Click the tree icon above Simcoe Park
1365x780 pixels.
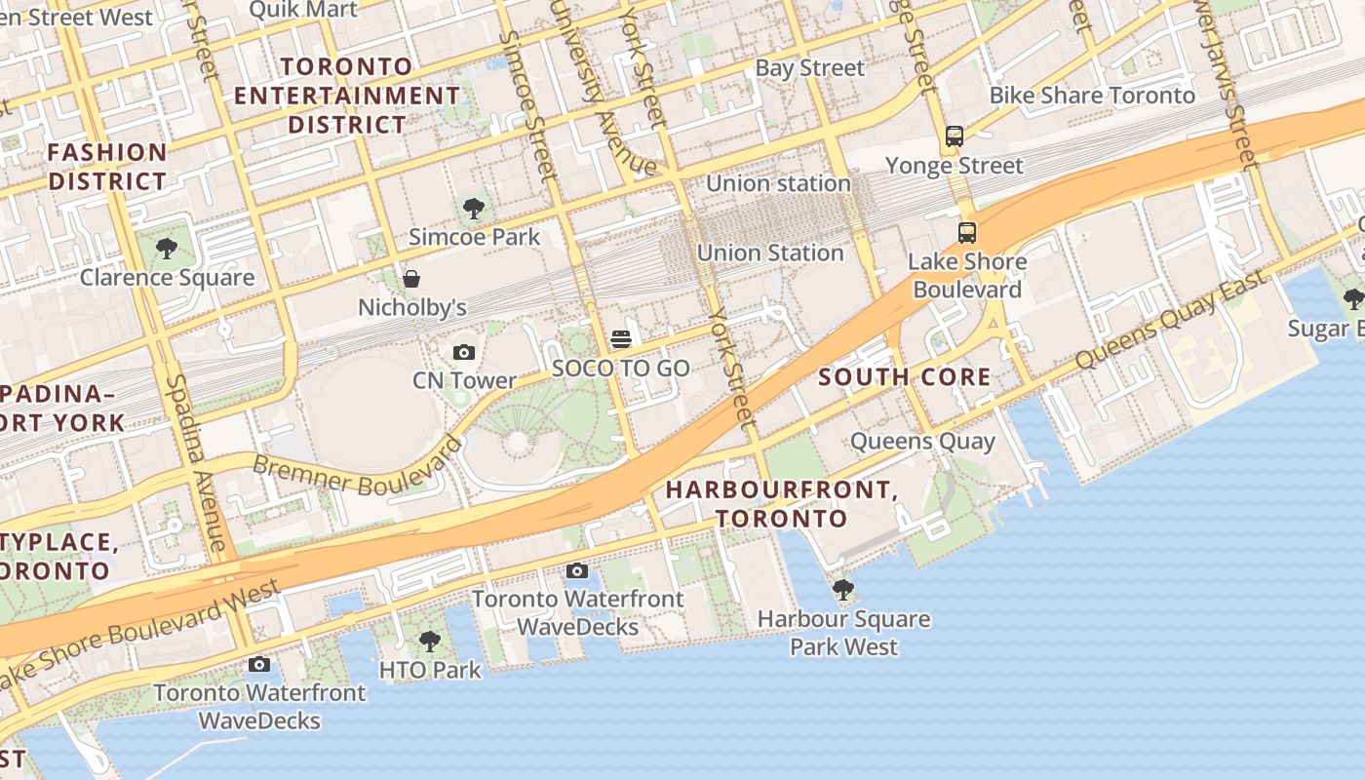(x=474, y=208)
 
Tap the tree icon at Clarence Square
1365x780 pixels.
(x=167, y=249)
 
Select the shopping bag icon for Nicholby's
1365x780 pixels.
(x=411, y=280)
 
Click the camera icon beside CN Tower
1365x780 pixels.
(x=464, y=352)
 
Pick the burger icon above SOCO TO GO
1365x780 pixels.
(x=621, y=339)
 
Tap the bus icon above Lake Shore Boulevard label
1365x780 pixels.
(x=966, y=233)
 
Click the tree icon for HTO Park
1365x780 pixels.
(x=429, y=642)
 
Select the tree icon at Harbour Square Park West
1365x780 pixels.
(x=843, y=590)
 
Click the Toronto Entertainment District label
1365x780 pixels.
(x=347, y=96)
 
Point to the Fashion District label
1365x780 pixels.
(x=107, y=167)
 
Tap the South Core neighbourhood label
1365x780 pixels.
(x=904, y=377)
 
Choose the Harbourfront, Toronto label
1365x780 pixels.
(x=781, y=503)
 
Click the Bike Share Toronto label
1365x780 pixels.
(x=1092, y=96)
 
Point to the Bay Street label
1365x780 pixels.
(x=809, y=68)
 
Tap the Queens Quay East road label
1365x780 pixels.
(x=1170, y=320)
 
